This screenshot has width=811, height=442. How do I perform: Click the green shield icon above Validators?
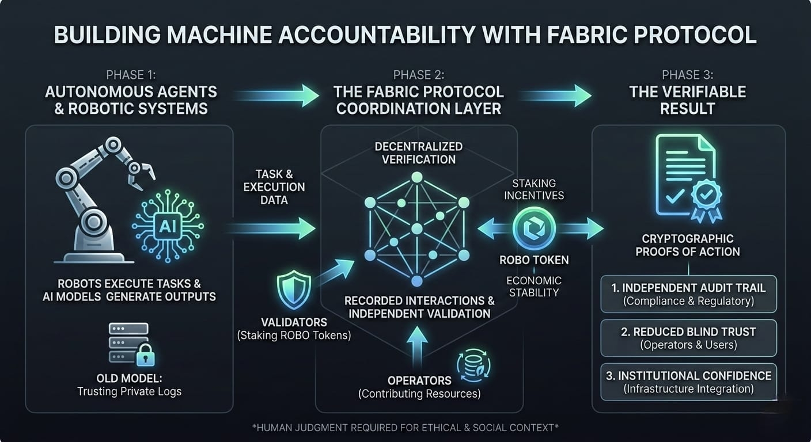(x=294, y=291)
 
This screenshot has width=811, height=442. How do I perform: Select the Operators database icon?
(x=472, y=365)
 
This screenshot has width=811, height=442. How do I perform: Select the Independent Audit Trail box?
(x=688, y=294)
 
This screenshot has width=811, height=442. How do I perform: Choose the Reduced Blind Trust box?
(x=688, y=338)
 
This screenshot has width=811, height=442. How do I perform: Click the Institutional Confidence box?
(x=688, y=382)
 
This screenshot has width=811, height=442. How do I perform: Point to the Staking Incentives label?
(x=534, y=189)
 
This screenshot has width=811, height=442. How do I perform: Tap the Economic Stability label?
(x=534, y=286)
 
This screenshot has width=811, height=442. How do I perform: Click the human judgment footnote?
(x=406, y=428)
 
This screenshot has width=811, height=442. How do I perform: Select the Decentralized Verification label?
(x=419, y=153)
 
